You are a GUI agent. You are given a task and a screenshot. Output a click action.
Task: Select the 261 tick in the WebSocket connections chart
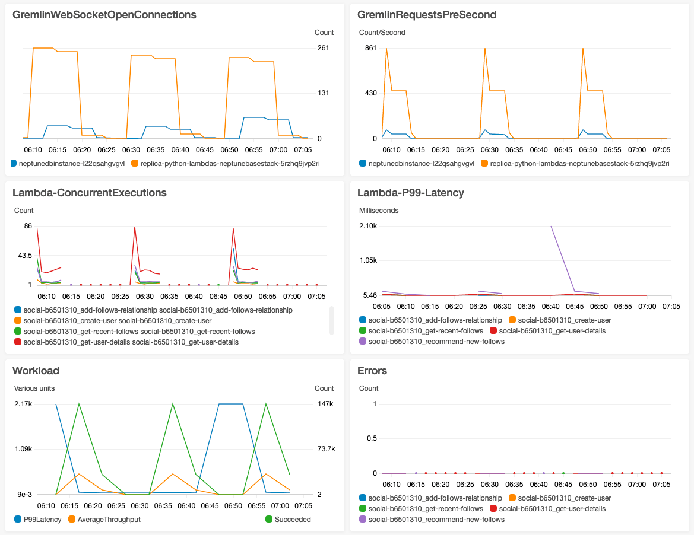click(x=323, y=48)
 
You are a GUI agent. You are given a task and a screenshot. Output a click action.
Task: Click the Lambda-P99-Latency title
click(x=411, y=192)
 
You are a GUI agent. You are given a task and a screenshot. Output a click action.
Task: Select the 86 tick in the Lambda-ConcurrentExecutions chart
click(x=27, y=226)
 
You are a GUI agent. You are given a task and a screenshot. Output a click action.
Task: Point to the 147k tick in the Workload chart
click(x=325, y=404)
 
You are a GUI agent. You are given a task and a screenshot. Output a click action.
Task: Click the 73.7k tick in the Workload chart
click(x=326, y=449)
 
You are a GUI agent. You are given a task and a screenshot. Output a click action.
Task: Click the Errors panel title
click(x=372, y=371)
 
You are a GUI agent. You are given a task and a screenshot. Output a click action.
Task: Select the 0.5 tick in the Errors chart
click(x=371, y=438)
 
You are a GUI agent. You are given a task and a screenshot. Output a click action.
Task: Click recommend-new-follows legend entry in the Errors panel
click(x=436, y=519)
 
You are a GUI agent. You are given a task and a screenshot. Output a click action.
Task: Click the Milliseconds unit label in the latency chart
click(x=379, y=211)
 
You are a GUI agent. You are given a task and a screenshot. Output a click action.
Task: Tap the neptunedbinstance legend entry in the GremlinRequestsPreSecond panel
click(x=420, y=163)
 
